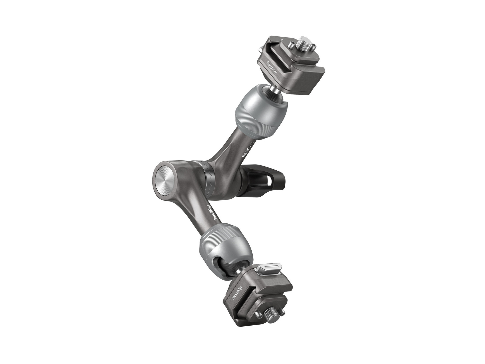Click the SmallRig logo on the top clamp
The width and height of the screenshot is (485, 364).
pyautogui.click(x=272, y=68)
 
